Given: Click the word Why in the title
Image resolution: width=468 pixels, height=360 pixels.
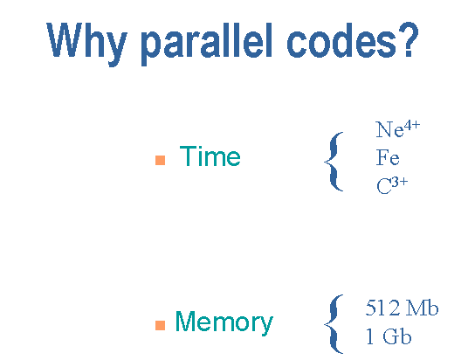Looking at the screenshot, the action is pos(86,44).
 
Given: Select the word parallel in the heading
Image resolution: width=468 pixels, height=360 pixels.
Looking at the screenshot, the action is pos(207,44).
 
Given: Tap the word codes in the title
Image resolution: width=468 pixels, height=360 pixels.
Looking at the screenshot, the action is pos(342,40).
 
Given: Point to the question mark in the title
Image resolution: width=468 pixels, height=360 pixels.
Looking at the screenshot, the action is pos(409,38).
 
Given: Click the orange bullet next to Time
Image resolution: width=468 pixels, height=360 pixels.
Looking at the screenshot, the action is pos(161,160).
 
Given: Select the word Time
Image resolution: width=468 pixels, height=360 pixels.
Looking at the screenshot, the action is pos(210,156).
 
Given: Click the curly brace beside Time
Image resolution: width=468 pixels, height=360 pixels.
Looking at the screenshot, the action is pos(334,161).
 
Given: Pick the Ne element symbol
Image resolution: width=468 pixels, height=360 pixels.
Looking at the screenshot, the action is pos(389,130).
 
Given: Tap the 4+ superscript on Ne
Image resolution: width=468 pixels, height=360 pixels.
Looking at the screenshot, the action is pos(412,125).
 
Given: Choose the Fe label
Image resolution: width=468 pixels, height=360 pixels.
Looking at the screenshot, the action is pos(388,157).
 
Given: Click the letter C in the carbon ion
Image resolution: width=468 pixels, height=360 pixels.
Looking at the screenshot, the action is pos(384,186).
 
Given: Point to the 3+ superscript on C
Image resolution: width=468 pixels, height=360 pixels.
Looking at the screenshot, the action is pos(400,182).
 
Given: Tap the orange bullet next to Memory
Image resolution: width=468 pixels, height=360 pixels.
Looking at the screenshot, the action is pos(161,325).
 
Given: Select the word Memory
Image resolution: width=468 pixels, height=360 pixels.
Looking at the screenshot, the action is pos(224,322).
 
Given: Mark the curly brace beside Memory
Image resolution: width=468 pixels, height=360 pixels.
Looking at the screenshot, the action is pos(334,324).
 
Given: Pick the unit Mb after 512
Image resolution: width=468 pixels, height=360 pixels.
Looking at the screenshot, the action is pos(422,308).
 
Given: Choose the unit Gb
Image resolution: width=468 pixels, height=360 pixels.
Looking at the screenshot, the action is pos(396,336).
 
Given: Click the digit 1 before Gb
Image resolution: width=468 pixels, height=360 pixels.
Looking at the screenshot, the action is pos(369,336).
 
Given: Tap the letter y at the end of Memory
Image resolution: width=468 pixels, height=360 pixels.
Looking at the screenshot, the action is pos(265,326).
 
